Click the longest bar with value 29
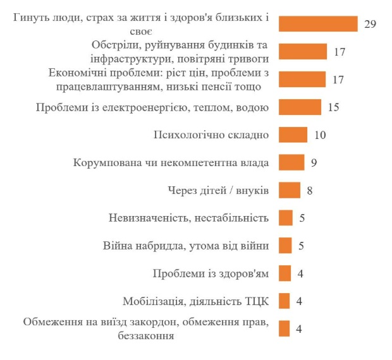tap(318, 24)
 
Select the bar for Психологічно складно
tap(293, 135)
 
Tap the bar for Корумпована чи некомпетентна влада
tap(291, 163)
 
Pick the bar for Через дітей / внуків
tap(290, 190)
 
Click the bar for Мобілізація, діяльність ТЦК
tap(284, 301)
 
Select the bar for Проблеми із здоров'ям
tap(284, 273)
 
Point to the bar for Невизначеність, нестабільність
tap(285, 218)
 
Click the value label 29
tap(371, 24)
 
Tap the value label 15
tap(334, 107)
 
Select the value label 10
tap(319, 135)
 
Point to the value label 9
tap(313, 163)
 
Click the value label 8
tap(310, 190)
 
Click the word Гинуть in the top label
tap(32, 18)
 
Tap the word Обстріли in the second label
tap(114, 45)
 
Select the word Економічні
tap(78, 73)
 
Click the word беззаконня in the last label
tap(146, 335)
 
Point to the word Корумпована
tap(105, 163)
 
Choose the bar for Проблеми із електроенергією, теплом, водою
tap(300, 107)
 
